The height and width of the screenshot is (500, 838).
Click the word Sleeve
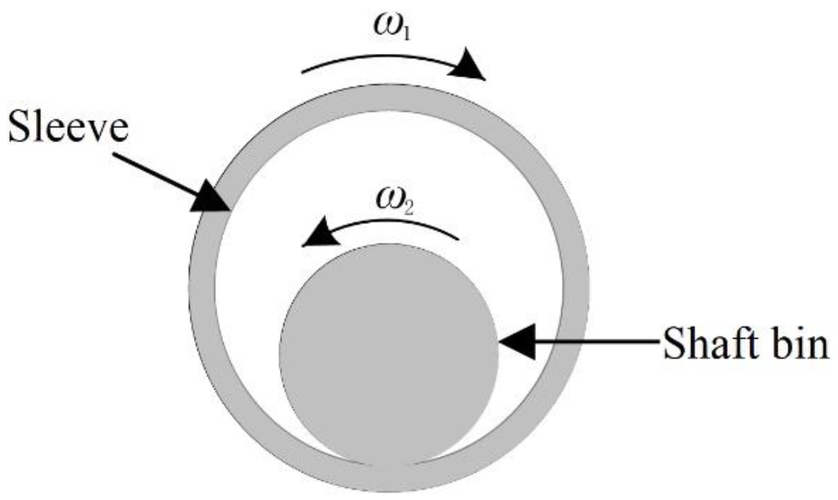(x=68, y=127)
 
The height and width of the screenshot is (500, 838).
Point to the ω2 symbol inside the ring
(x=394, y=202)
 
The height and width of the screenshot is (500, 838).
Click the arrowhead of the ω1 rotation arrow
(x=470, y=67)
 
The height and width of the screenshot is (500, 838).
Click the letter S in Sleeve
(x=20, y=127)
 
